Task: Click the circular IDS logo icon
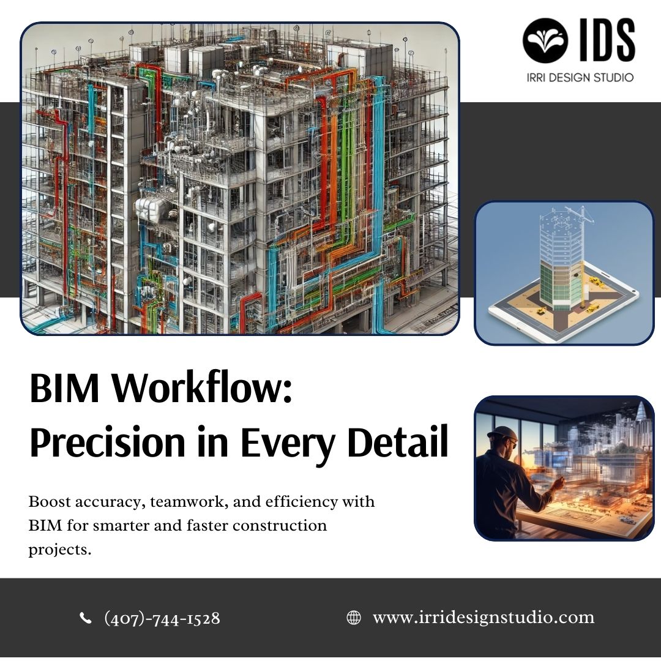pos(545,40)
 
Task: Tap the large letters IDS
pos(607,40)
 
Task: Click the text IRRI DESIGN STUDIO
pos(580,78)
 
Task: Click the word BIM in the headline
pos(64,388)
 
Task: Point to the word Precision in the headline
pos(108,443)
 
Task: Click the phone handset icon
pos(86,618)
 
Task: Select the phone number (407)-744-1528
pos(162,618)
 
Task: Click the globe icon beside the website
pos(354,618)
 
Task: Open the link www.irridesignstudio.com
pos(484,618)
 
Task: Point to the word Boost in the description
pos(45,502)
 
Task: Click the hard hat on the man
pos(501,433)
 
